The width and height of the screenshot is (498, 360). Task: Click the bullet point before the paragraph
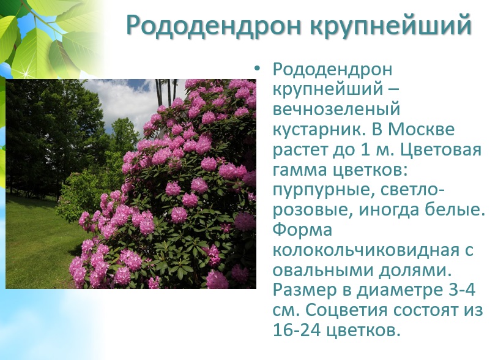pos(257,69)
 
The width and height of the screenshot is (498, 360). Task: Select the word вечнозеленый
pos(336,110)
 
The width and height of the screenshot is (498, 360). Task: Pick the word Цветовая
pos(441,149)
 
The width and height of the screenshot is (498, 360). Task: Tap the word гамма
pos(299,170)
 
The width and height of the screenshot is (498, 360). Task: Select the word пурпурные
pos(321,190)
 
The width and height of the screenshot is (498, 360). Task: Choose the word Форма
pos(302,230)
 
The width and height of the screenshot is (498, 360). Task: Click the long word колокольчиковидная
pos(366,250)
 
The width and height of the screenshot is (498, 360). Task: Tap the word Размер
pos(305,290)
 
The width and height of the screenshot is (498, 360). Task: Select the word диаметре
pos(400,290)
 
